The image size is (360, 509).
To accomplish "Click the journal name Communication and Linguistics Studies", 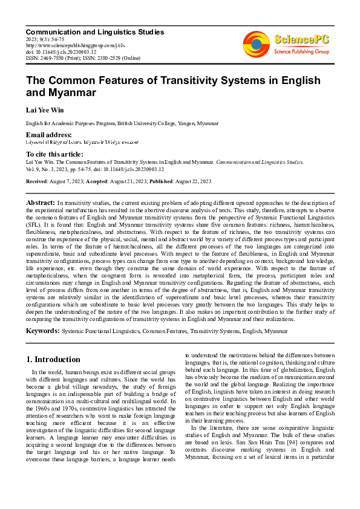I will pyautogui.click(x=94, y=31).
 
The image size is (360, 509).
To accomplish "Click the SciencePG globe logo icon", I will pyautogui.click(x=257, y=43).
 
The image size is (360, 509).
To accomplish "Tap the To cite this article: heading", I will pyautogui.click(x=55, y=154).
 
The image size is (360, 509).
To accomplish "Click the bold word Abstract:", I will pyautogui.click(x=40, y=202).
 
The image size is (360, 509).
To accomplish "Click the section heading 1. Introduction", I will pyautogui.click(x=53, y=359).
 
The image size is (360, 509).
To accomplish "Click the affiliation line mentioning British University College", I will pyautogui.click(x=122, y=123).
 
